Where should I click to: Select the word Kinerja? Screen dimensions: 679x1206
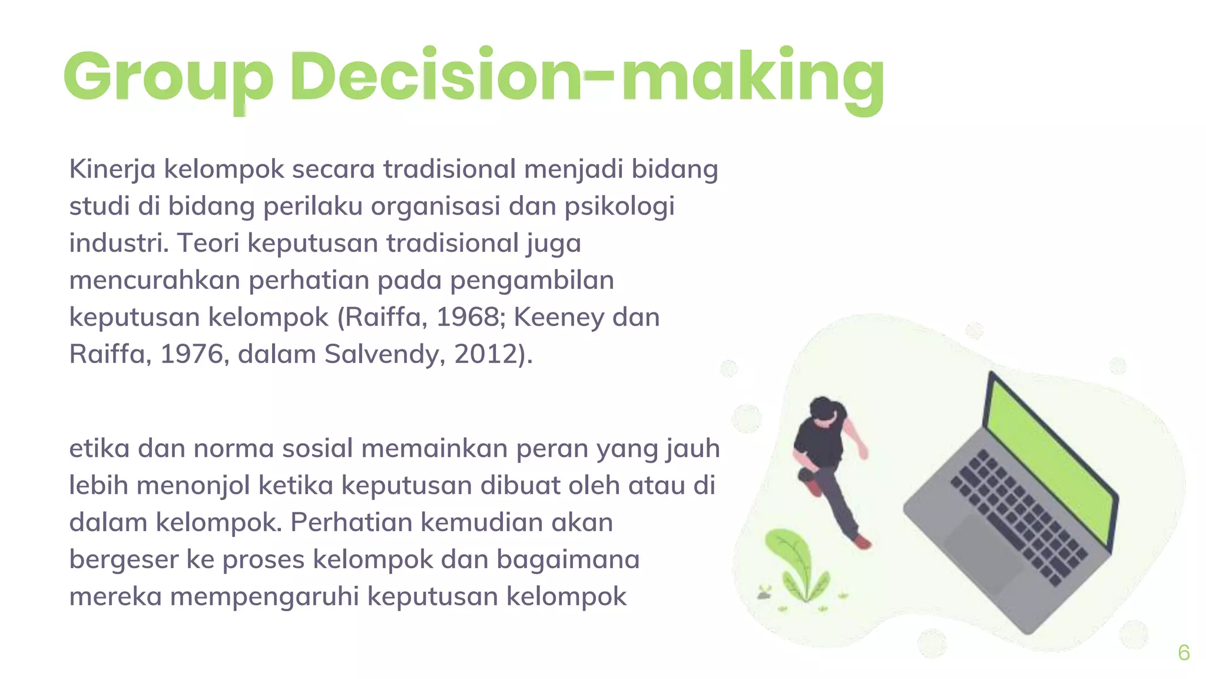pos(112,170)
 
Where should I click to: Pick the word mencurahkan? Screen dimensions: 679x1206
pos(154,281)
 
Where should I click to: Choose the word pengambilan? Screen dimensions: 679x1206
pos(532,281)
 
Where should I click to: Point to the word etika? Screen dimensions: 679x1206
pos(99,449)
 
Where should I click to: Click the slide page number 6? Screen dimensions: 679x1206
pos(1184,652)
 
